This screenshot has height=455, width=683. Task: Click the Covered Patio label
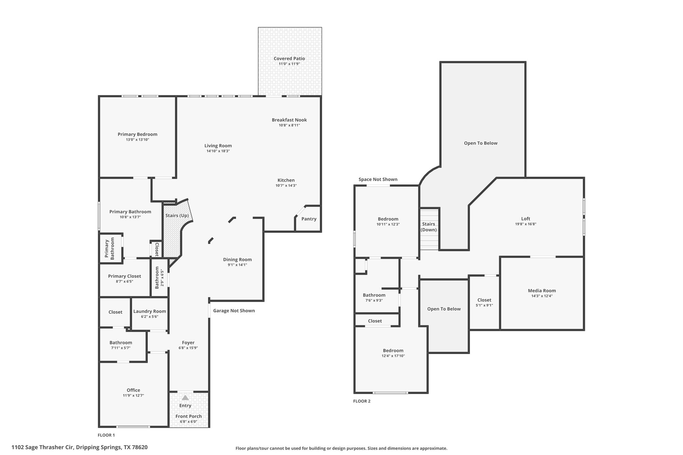click(289, 58)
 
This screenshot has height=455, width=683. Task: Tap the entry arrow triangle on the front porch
click(185, 398)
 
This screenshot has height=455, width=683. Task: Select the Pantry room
click(309, 219)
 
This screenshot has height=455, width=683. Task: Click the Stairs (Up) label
click(177, 216)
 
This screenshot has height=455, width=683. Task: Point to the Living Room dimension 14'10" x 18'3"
click(218, 151)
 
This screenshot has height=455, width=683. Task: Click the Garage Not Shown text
click(234, 311)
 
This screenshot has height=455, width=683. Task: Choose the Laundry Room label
click(150, 311)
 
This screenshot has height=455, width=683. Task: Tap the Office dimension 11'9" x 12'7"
click(133, 396)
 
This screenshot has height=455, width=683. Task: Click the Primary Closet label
click(124, 276)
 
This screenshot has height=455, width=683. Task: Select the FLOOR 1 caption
click(106, 435)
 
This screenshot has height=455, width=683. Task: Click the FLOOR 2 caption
click(362, 401)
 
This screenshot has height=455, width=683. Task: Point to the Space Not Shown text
click(378, 179)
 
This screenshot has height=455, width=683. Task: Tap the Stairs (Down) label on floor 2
click(429, 227)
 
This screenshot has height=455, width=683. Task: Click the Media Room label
click(542, 290)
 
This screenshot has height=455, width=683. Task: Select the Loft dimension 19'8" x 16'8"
click(526, 224)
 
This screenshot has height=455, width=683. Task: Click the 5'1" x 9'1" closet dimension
click(484, 305)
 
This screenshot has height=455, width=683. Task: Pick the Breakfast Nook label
click(289, 120)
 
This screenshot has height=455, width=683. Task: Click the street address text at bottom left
click(79, 447)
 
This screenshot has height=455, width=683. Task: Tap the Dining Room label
click(237, 260)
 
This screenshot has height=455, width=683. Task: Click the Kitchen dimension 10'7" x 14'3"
click(286, 186)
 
